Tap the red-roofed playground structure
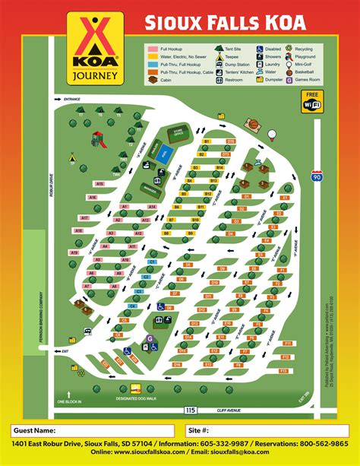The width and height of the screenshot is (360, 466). (96, 139)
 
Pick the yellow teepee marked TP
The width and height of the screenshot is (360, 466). (71, 159)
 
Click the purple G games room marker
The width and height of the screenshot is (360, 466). (150, 338)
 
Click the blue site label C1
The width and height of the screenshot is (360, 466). (152, 262)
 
